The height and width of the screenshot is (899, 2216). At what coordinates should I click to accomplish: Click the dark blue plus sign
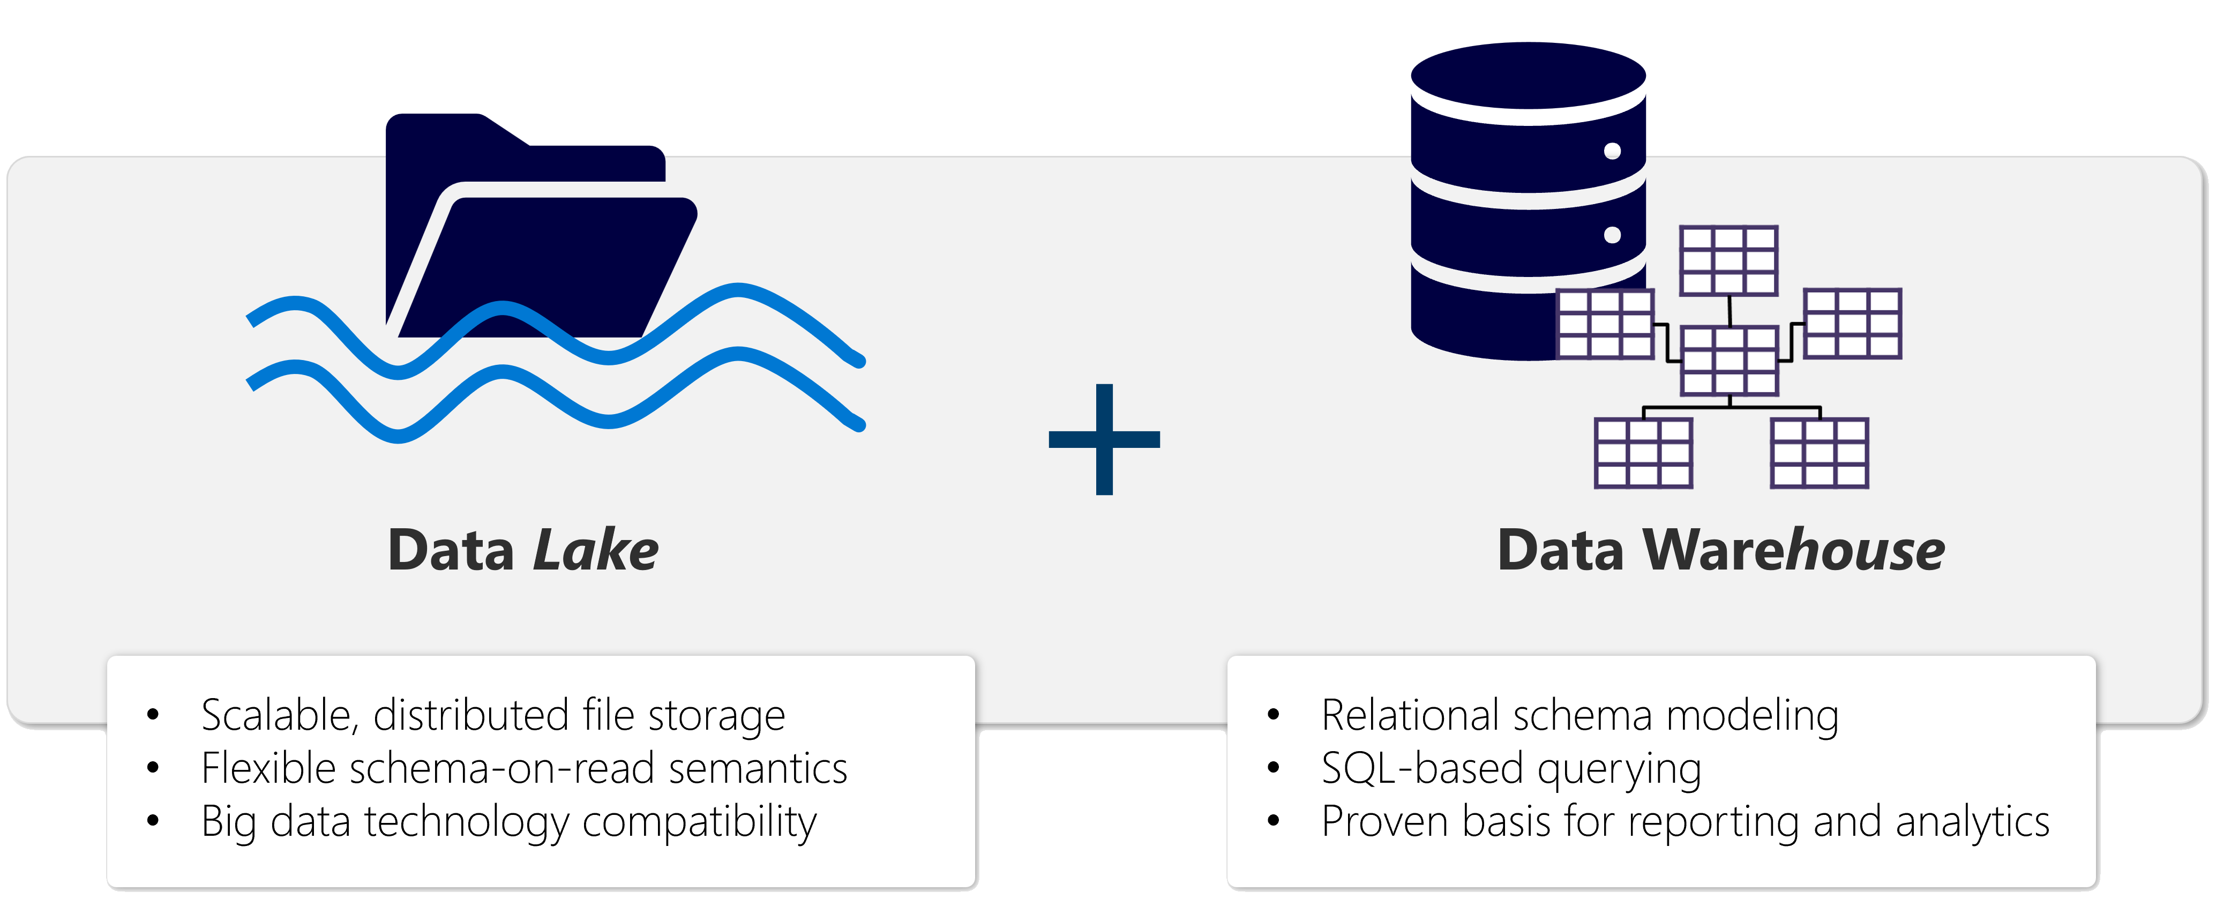[1104, 440]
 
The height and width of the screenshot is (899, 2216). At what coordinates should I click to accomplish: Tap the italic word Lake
[595, 551]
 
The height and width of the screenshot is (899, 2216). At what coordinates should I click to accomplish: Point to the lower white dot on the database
[1612, 235]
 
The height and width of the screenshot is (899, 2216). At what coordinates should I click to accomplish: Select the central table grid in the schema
[1729, 361]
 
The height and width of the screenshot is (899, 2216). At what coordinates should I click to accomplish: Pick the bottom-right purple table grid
[1818, 453]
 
